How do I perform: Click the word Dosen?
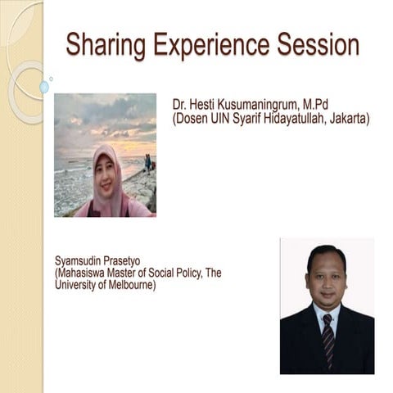point(193,120)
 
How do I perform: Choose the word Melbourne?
point(126,286)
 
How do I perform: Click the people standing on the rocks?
point(147,163)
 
